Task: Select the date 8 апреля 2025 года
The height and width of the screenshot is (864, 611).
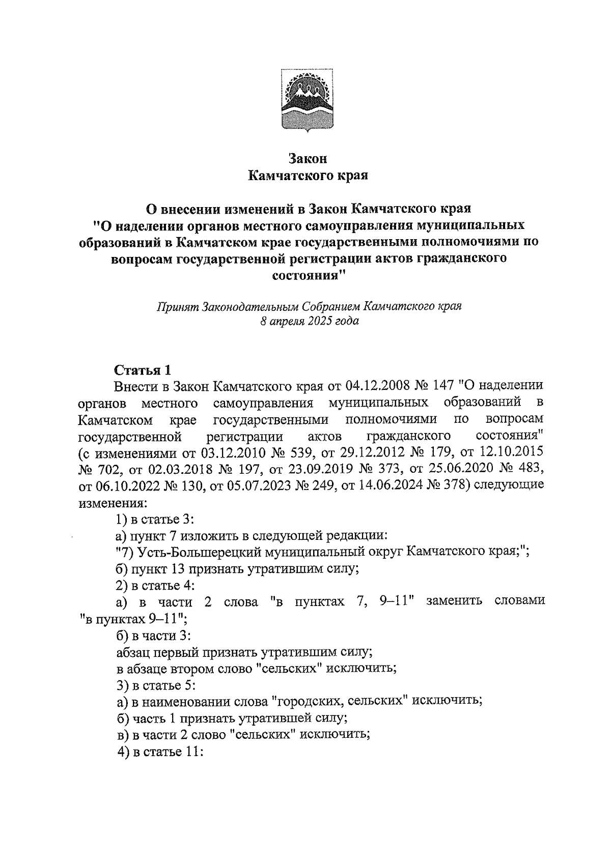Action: click(309, 322)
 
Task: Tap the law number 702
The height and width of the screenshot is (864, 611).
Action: click(113, 469)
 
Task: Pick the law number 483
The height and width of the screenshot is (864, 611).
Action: click(530, 469)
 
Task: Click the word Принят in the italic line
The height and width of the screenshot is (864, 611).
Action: click(177, 306)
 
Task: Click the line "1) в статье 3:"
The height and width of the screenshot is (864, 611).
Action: click(155, 519)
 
